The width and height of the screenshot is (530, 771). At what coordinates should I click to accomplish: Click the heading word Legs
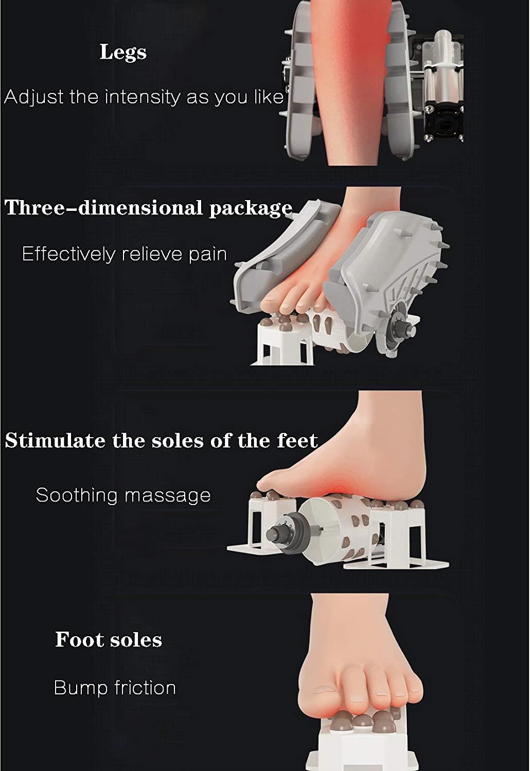point(123,53)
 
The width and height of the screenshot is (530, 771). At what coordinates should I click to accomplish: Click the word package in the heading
point(251,209)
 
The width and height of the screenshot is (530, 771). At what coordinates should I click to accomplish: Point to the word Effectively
point(68,254)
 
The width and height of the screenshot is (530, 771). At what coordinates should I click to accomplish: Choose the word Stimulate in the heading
point(55,440)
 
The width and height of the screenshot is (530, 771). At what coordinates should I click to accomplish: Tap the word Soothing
point(77,496)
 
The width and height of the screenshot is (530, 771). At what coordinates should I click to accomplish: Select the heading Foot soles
point(109,639)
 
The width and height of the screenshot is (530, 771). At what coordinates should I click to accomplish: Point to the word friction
point(145,688)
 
